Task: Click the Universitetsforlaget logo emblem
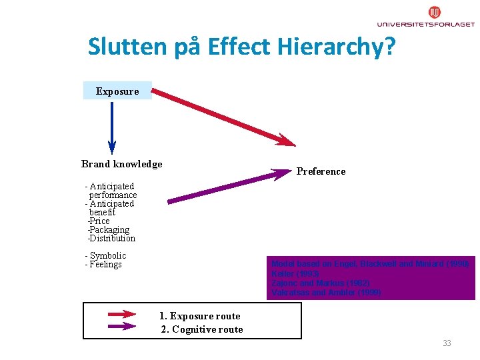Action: (x=435, y=12)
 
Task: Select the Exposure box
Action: (x=117, y=91)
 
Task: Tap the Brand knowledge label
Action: (x=121, y=164)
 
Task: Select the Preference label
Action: (x=321, y=171)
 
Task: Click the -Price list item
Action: (x=99, y=221)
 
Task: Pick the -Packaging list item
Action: (x=108, y=229)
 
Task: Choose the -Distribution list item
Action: (x=111, y=238)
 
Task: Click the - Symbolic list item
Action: (x=105, y=256)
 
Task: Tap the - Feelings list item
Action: (x=103, y=265)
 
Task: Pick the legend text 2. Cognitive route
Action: (x=202, y=329)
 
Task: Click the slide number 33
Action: (x=447, y=343)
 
